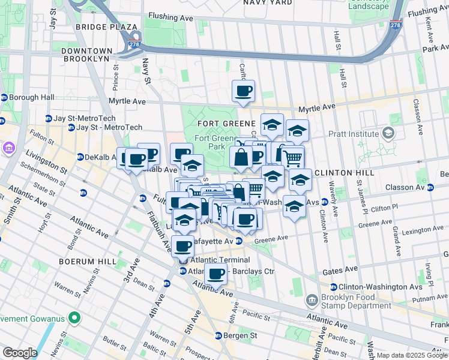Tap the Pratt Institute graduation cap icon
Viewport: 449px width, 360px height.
(388, 133)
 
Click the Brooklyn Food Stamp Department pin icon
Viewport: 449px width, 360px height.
(312, 299)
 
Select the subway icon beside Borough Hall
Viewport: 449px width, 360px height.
(4, 97)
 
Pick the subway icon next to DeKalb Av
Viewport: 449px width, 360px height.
(80, 157)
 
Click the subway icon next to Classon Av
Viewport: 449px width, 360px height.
(430, 188)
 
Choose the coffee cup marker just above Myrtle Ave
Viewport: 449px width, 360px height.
(243, 91)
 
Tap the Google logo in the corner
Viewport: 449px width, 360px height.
(19, 352)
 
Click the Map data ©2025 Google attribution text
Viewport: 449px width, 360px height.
(412, 355)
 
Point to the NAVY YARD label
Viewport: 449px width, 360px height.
(268, 3)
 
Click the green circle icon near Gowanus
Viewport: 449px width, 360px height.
(74, 317)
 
